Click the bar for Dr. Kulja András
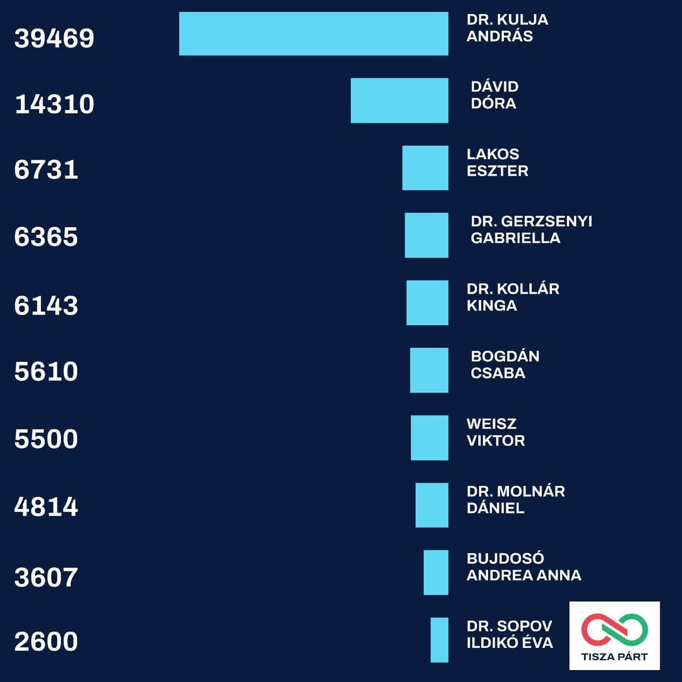314,34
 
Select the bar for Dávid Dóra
399,100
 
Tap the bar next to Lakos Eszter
425,168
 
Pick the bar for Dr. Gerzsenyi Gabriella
426,236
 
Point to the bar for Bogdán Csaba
429,370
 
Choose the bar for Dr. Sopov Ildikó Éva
440,640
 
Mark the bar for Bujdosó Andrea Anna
436,572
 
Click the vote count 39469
54,39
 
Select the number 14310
54,104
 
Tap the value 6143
46,306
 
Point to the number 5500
46,439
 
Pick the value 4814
46,506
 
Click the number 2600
46,642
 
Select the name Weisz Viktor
496,432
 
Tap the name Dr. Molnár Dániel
515,500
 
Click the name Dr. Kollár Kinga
513,297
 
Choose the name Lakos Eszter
497,162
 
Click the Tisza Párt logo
614,635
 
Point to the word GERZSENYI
547,222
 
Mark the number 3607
46,578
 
